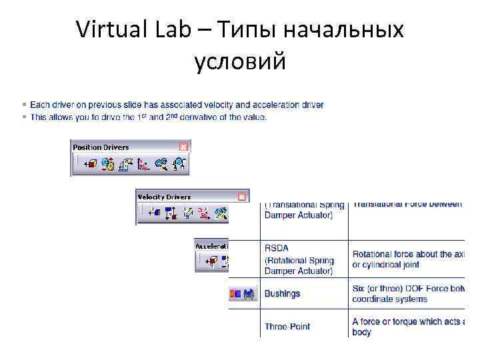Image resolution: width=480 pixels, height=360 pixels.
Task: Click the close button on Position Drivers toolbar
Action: click(x=184, y=147)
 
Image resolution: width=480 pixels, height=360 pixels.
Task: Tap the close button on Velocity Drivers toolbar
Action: click(x=243, y=197)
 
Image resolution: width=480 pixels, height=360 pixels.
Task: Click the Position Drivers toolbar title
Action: click(x=101, y=147)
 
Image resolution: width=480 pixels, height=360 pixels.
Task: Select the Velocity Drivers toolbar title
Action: click(x=164, y=197)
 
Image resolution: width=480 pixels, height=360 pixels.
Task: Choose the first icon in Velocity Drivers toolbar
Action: click(x=153, y=213)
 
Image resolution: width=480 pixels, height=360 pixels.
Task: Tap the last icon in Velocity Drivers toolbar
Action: click(x=221, y=213)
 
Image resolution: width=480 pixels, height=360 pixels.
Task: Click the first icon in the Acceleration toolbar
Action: click(x=213, y=261)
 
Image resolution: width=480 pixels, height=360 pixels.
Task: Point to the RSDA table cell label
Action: click(x=276, y=249)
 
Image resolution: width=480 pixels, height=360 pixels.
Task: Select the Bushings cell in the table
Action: click(x=283, y=293)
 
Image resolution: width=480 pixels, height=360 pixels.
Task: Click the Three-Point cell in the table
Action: click(x=287, y=327)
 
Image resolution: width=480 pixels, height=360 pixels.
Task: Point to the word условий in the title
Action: click(x=240, y=62)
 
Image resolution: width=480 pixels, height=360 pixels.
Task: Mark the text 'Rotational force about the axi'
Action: click(x=407, y=254)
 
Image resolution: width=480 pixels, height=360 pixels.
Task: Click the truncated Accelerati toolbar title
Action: click(x=211, y=245)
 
